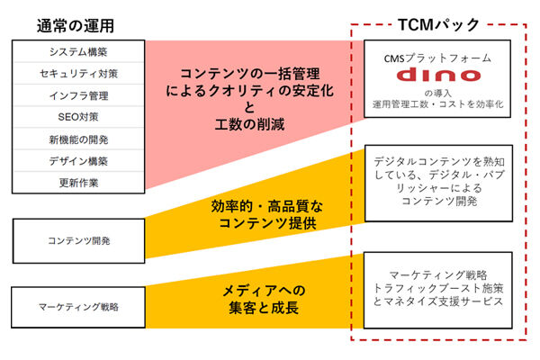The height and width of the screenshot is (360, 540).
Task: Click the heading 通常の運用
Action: click(76, 26)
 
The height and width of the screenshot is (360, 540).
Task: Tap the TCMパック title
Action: click(438, 25)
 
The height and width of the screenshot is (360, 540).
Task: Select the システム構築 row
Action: click(78, 51)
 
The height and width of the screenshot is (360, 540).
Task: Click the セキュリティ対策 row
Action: click(78, 74)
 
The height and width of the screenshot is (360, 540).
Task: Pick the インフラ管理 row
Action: click(78, 95)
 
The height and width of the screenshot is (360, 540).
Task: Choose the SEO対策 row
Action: click(78, 117)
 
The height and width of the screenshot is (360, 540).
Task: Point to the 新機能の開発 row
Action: click(78, 139)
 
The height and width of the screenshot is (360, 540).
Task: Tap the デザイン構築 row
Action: click(78, 161)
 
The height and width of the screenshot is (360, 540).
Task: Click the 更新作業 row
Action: click(78, 183)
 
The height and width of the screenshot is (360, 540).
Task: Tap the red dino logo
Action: click(438, 75)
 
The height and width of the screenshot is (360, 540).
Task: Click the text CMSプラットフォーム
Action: click(437, 58)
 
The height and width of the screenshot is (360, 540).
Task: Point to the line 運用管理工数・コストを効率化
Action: click(437, 104)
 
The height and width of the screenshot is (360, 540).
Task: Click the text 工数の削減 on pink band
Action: click(249, 124)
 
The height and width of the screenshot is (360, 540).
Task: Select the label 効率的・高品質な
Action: click(267, 206)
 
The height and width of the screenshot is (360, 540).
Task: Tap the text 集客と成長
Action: click(264, 307)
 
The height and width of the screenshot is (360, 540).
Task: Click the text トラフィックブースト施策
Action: click(438, 288)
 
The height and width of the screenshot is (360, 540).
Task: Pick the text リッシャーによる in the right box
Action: click(439, 188)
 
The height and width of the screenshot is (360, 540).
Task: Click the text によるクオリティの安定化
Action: click(249, 91)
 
